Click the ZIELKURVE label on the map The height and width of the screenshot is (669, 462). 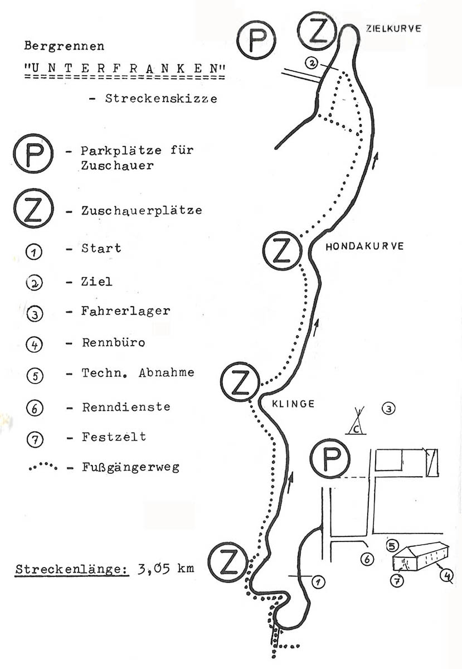393,28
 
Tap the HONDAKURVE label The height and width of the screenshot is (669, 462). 364,246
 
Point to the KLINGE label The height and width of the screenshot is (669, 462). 293,404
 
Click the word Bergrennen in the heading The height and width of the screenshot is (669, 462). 64,46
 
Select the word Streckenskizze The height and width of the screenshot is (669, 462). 161,99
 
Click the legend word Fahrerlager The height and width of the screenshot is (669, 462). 126,311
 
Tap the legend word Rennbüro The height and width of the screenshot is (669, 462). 114,342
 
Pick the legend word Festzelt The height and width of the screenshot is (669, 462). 114,437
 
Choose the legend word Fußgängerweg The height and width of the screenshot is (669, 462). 131,467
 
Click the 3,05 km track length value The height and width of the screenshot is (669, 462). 166,568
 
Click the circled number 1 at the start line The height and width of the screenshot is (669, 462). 318,582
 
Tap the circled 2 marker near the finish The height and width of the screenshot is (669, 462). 312,62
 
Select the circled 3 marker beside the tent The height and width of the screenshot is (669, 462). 389,409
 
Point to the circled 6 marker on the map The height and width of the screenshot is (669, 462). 367,559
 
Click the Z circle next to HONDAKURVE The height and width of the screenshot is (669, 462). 282,251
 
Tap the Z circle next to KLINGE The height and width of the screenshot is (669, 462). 240,381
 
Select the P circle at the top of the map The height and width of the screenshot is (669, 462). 256,40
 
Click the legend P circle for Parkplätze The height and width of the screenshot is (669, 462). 33,153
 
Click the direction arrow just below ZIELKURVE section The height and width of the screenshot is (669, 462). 375,161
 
